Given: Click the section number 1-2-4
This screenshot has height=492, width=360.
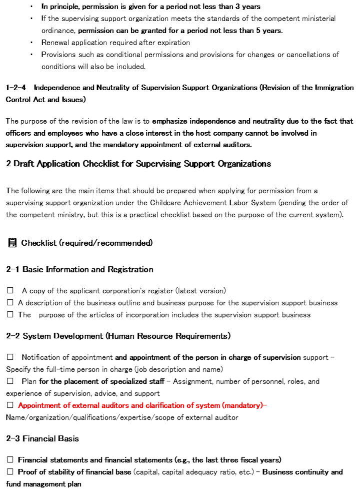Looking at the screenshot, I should (x=16, y=88).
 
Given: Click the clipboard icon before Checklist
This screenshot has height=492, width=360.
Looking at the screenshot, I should (x=12, y=243).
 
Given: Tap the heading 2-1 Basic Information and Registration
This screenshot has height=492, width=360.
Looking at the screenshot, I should (x=79, y=270).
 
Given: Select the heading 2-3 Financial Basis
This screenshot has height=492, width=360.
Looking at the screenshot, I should (x=42, y=438).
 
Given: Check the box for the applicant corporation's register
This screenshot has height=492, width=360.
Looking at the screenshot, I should (x=10, y=291).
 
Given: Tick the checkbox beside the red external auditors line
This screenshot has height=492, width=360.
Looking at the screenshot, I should (x=10, y=405).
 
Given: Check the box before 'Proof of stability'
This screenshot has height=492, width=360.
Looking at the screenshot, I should (x=10, y=472).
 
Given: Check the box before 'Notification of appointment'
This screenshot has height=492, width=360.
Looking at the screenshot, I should (x=10, y=357).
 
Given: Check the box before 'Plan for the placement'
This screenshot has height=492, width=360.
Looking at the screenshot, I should (x=10, y=381).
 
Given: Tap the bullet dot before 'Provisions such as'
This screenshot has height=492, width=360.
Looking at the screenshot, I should (x=31, y=55).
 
